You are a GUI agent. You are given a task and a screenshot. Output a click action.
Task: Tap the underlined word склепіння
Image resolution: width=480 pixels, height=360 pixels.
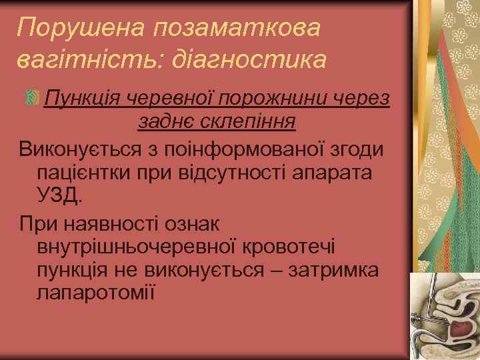pos(251,122)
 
